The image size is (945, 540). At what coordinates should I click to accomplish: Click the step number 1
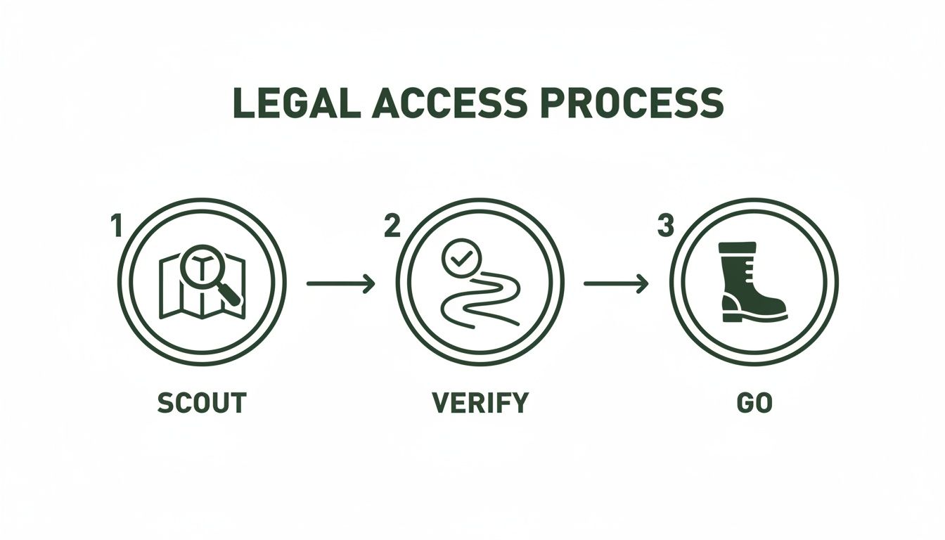[x=116, y=226]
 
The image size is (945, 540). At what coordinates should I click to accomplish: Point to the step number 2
[x=392, y=226]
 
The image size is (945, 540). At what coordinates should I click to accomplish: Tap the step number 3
[x=665, y=226]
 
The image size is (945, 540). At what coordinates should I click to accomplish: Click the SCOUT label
[x=202, y=403]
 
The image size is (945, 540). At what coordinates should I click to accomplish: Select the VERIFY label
[x=480, y=403]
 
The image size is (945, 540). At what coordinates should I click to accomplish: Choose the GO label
[x=754, y=403]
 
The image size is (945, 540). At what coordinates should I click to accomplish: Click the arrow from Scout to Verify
[x=341, y=283]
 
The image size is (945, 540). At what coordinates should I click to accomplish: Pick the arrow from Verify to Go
[x=616, y=283]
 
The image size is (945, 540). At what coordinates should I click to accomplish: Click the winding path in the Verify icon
[x=478, y=299]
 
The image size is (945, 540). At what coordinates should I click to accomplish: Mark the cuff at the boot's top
[x=737, y=247]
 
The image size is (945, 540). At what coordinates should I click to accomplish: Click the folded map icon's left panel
[x=169, y=288]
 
